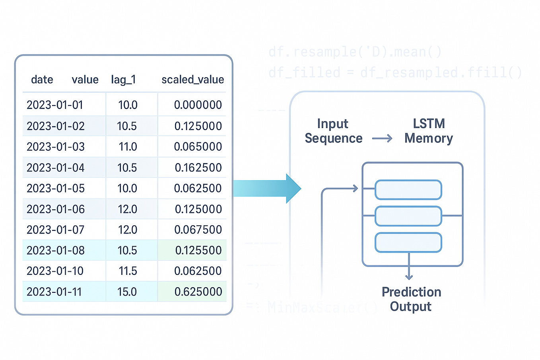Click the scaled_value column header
192,80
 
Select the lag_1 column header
123,80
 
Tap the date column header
42,80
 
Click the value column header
85,80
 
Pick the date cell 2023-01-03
56,147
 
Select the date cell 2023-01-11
54,292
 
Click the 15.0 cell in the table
127,292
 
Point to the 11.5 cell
128,271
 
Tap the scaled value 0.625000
198,292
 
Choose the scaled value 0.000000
198,105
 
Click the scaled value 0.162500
198,167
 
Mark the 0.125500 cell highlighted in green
198,250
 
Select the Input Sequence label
333,131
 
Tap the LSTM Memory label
429,131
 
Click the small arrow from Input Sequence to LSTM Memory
382,138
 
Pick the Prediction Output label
411,299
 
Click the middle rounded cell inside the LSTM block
408,216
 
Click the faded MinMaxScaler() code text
322,307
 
